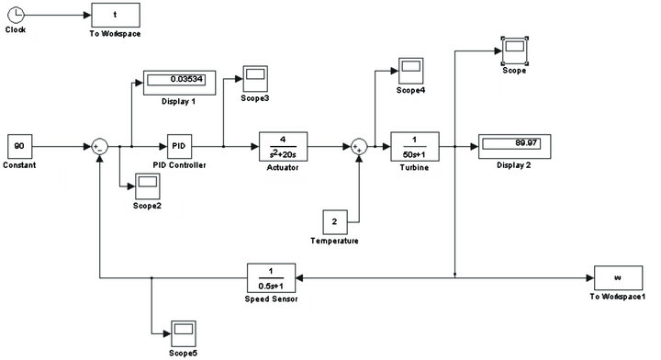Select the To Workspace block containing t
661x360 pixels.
[x=115, y=15]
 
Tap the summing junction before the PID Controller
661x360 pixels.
[x=100, y=145]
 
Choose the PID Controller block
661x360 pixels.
[x=179, y=145]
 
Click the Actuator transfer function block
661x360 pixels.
[x=283, y=145]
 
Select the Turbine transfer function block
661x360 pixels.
[x=415, y=145]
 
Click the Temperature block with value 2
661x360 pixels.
[x=334, y=221]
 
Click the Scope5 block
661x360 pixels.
[x=181, y=332]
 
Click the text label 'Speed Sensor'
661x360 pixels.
[x=272, y=298]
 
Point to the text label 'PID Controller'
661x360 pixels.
[x=179, y=166]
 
